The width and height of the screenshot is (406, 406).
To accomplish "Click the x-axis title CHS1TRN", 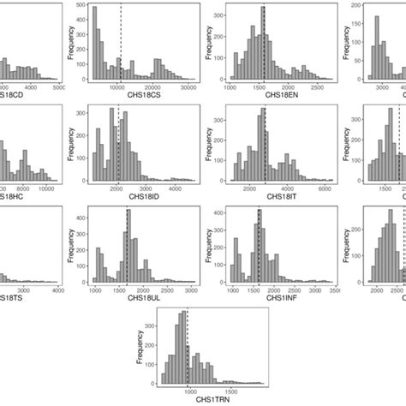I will click(x=203, y=398).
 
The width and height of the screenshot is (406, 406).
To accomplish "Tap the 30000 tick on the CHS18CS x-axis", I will click(x=186, y=88).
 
